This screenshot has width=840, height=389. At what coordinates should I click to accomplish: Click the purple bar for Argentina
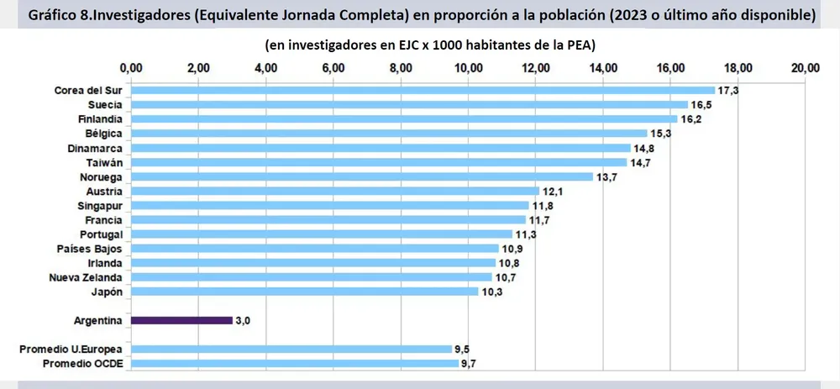point(181,320)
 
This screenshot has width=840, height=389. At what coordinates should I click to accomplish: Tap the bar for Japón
point(304,292)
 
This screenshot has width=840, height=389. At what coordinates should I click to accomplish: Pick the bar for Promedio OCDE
point(294,363)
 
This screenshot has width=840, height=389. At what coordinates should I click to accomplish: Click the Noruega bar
point(361,176)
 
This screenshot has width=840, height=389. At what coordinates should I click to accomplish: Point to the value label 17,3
point(727,90)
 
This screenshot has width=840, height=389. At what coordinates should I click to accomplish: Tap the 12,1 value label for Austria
point(552,191)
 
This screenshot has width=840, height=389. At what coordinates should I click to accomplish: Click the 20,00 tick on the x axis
point(806,67)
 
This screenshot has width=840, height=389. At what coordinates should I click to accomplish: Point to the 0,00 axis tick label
point(131,67)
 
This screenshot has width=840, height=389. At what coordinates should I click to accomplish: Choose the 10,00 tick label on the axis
point(469,67)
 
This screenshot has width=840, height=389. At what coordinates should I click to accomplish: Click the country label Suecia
point(105,104)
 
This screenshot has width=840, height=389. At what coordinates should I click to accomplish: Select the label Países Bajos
point(90,249)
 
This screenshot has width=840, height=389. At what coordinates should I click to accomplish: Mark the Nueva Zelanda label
point(86,277)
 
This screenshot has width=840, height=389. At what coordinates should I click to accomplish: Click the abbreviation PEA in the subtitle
point(580,43)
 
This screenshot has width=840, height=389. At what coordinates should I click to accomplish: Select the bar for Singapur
point(330,205)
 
